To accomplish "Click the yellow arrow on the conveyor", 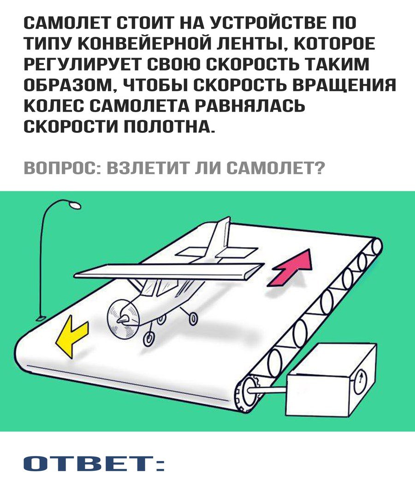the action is (x=71, y=338).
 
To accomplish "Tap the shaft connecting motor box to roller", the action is (x=266, y=390).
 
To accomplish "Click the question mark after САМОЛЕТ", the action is (x=320, y=168).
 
